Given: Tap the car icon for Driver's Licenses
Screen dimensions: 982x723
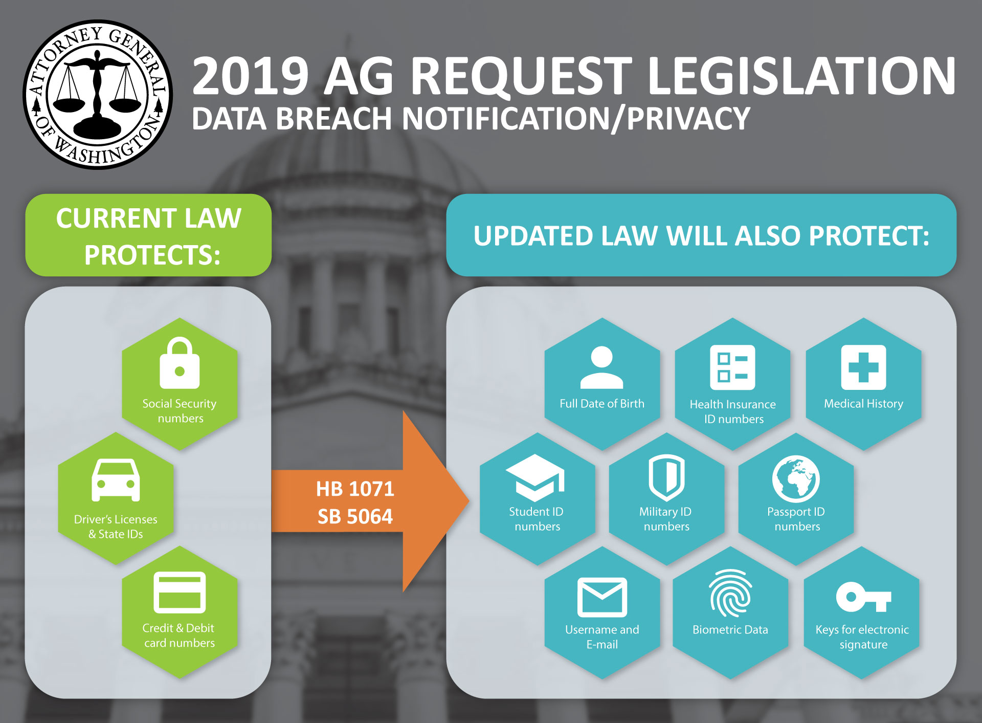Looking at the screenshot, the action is point(116,480).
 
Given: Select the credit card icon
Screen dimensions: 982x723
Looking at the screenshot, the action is point(180,592).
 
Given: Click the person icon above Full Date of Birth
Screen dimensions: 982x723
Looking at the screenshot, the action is point(601,367).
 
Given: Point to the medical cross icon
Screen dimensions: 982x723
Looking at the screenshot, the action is point(863,367).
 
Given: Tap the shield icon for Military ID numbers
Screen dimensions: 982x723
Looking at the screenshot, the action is point(666,477).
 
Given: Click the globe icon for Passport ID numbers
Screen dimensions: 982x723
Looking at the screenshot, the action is point(796,479).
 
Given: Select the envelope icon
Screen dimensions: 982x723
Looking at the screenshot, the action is point(602,598).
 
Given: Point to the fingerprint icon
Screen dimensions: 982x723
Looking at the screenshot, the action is point(730,593).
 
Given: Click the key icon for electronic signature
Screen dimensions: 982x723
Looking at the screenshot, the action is point(863,597).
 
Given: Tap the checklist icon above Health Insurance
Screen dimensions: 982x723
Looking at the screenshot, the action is point(732,367).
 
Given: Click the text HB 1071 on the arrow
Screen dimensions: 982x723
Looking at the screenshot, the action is point(355,489).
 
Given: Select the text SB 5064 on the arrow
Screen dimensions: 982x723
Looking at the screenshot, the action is point(355,517).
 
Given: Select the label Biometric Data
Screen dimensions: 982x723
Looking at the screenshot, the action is point(730,630).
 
